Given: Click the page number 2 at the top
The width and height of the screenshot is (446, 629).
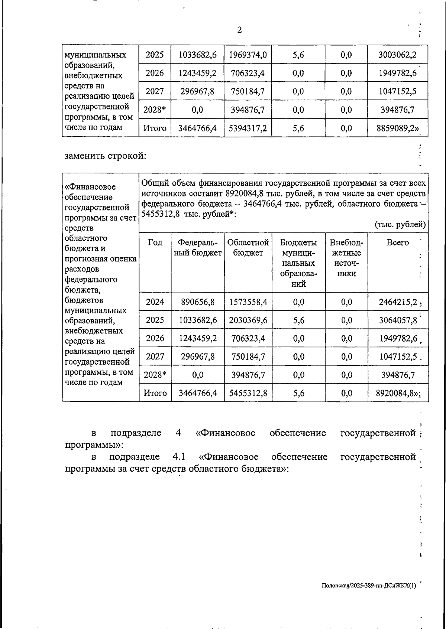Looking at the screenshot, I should click(239, 30).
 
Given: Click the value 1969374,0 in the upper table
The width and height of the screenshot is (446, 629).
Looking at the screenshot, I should click(248, 55).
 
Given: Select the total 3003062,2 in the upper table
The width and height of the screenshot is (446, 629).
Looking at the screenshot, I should click(397, 55).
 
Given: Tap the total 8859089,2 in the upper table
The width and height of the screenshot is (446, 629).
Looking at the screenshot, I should click(397, 128).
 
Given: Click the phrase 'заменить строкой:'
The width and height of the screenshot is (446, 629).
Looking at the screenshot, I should click(105, 156).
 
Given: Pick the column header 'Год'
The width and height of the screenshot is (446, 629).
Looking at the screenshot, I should click(155, 243).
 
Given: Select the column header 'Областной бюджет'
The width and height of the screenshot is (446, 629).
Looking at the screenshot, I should click(248, 248).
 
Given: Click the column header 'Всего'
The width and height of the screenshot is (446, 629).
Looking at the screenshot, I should click(397, 243).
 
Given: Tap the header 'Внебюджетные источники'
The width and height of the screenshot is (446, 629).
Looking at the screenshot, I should click(346, 258).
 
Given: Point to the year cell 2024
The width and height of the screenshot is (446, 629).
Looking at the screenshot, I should click(155, 302).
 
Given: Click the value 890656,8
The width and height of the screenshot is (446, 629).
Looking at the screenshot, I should click(198, 302).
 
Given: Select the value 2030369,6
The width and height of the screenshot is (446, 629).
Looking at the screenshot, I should click(248, 320).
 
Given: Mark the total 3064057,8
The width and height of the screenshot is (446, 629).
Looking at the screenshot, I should click(398, 320).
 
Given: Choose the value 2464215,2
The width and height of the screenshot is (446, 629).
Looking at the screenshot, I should click(398, 302).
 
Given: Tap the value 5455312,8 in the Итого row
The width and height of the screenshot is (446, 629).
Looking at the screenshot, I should click(248, 393).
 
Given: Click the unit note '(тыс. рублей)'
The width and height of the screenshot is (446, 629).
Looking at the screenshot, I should click(400, 225).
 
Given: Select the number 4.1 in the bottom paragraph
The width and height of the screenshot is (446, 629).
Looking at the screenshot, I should click(179, 457).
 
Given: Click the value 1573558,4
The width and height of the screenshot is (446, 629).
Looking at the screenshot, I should click(248, 302).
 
